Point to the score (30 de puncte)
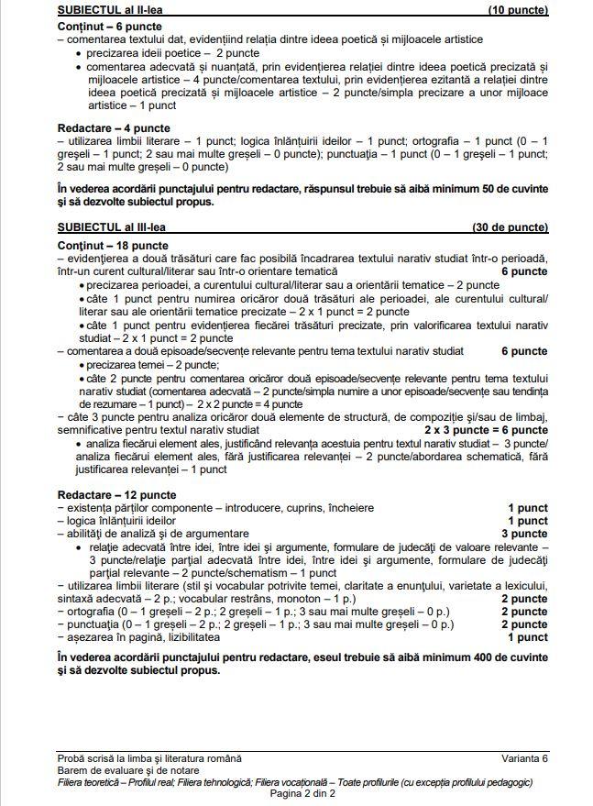coord(510,226)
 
